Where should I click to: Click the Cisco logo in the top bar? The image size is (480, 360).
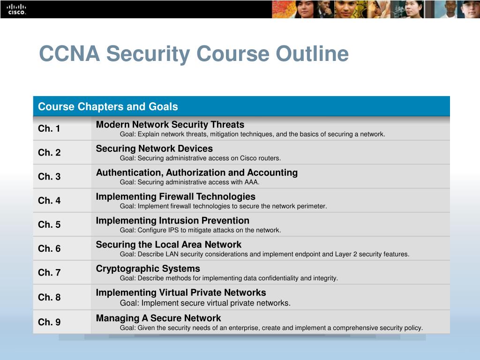pos(16,9)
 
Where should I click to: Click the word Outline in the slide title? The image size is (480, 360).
pos(312,53)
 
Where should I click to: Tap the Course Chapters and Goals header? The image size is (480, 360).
pos(108,106)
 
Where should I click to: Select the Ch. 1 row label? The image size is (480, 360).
pos(49,128)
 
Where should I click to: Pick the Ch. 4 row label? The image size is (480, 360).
pos(49,201)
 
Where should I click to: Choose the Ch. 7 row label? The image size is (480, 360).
pos(49,272)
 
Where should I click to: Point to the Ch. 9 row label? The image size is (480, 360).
pos(49,322)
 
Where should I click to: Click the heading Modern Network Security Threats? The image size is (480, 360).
pos(170,125)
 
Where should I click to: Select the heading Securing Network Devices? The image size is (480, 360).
pos(154,149)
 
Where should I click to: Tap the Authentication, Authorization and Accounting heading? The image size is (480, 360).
pos(197,172)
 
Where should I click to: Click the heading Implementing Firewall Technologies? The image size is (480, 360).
pos(176,196)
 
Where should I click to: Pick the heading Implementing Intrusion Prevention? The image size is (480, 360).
pos(172,220)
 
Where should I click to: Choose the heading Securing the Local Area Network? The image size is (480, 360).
pos(169,244)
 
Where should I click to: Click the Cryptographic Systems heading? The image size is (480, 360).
pos(148,269)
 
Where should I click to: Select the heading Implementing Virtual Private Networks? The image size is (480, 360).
pos(181,292)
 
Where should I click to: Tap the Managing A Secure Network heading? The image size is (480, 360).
pos(158,318)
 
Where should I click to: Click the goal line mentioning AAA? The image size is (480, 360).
pos(189,182)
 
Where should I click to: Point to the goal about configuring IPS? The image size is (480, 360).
pos(200,230)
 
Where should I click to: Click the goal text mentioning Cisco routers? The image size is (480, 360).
pos(200,158)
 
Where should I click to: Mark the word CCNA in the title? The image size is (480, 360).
pos(69,53)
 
